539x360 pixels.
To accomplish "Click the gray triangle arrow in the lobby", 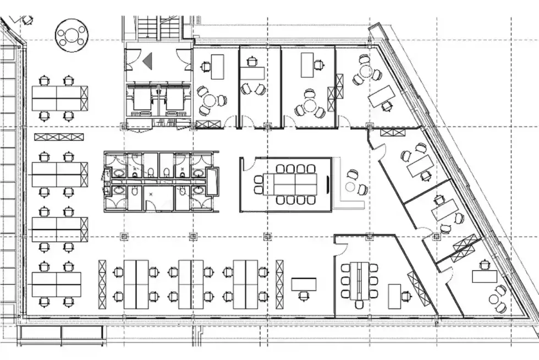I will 147,61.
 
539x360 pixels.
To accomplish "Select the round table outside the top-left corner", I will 72,34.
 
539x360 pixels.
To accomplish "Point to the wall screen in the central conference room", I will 328,183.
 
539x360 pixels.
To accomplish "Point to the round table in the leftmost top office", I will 209,101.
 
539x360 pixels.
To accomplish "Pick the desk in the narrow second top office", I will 252,72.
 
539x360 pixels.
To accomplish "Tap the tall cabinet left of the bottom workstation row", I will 102,285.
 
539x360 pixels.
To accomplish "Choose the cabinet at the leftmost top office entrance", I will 205,125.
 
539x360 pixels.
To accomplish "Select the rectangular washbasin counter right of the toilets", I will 212,182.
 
